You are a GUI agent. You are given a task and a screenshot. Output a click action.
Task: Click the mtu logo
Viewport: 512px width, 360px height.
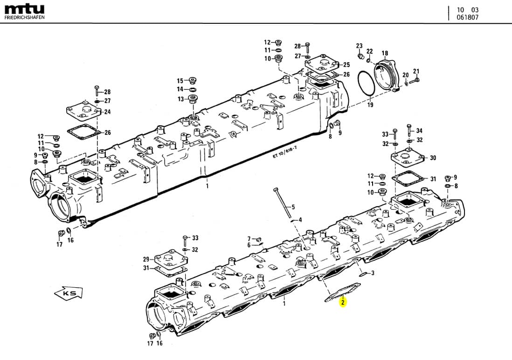[x=24, y=9]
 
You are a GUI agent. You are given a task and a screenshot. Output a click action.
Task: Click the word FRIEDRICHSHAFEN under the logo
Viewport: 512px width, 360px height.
[x=24, y=18]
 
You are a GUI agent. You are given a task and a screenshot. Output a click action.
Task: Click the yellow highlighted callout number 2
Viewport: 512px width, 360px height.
[x=343, y=303]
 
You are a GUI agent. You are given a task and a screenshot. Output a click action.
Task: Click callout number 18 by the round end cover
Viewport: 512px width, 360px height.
[x=385, y=53]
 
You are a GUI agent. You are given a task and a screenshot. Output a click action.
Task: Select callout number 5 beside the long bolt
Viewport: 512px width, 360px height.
[x=293, y=207]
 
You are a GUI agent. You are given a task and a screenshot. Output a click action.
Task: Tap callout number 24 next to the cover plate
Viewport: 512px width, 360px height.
[x=107, y=112]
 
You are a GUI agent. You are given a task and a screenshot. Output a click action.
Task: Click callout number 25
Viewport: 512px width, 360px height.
[x=346, y=65]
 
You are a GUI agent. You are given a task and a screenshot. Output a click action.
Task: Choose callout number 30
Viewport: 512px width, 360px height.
[x=433, y=158]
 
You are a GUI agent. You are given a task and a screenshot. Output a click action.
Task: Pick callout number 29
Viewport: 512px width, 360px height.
[x=146, y=259]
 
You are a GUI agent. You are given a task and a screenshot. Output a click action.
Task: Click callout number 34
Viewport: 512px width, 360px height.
[x=419, y=131]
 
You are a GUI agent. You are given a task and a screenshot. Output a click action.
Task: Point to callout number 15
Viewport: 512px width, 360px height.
[x=180, y=81]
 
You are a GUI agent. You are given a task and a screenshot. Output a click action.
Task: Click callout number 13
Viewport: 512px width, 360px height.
[x=180, y=99]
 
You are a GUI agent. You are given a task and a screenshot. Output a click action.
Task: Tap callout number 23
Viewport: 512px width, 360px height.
[x=360, y=46]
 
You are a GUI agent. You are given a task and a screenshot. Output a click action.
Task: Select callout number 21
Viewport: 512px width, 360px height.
[x=416, y=71]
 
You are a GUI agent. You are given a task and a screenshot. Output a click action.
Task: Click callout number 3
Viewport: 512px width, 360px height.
[x=373, y=274]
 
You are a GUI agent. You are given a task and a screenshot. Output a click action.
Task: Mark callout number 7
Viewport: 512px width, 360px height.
[x=249, y=239]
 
